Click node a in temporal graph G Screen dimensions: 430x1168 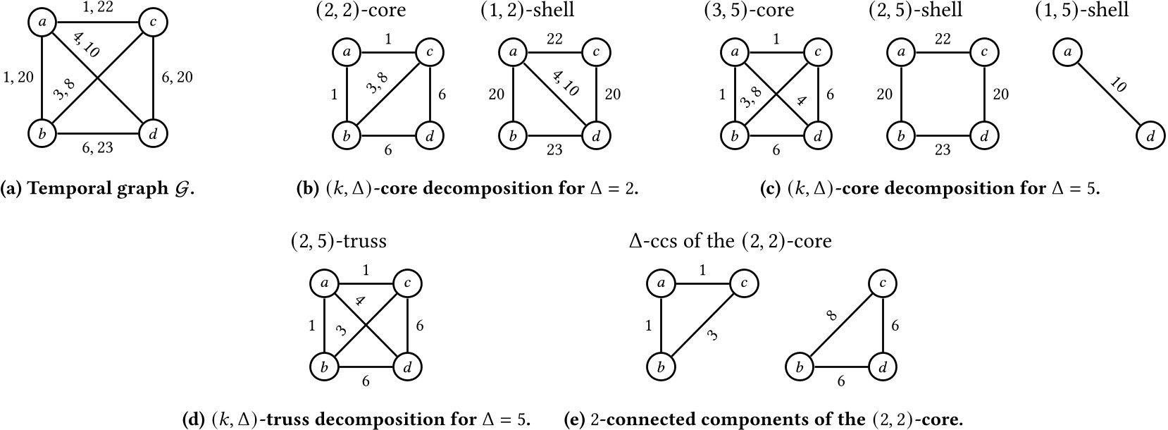(x=43, y=23)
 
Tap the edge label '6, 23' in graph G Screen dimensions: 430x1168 (x=97, y=147)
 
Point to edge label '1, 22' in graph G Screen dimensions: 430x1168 (x=97, y=8)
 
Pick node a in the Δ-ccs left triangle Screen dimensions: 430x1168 (x=661, y=283)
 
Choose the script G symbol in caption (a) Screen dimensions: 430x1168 (x=180, y=190)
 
